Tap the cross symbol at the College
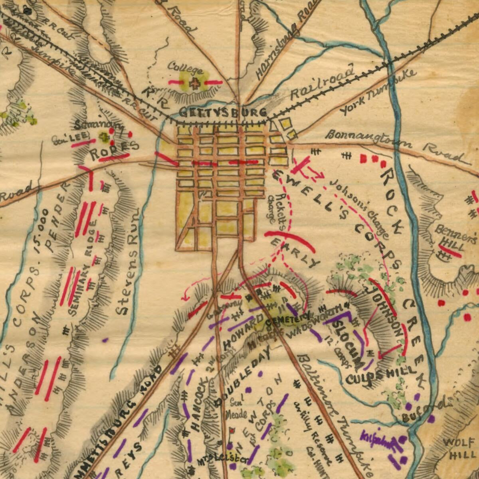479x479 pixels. coord(195,84)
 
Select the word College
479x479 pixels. coord(184,68)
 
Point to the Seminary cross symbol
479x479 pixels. coord(105,137)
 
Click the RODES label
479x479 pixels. coord(114,150)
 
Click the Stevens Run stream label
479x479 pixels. coord(130,263)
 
